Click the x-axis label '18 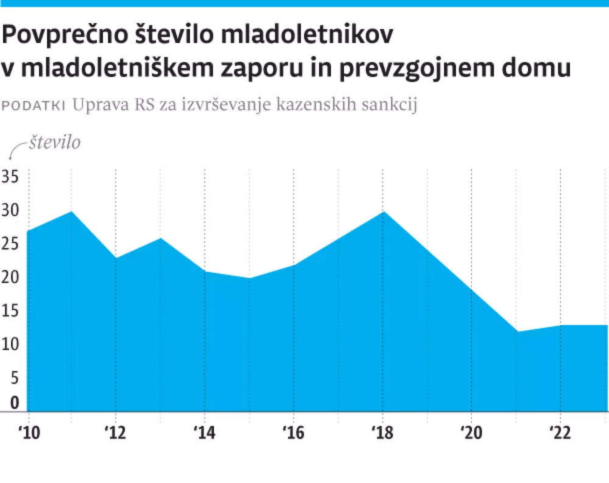click(x=382, y=432)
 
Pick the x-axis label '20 click(x=471, y=432)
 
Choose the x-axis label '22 click(x=560, y=432)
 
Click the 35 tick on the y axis click(x=10, y=177)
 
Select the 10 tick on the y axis click(x=10, y=344)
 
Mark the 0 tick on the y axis click(x=14, y=403)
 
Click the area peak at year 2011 click(x=72, y=211)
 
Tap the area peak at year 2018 click(x=382, y=211)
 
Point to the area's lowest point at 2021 click(x=516, y=332)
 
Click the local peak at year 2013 click(x=161, y=238)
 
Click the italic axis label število click(x=54, y=143)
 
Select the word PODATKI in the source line click(x=34, y=105)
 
